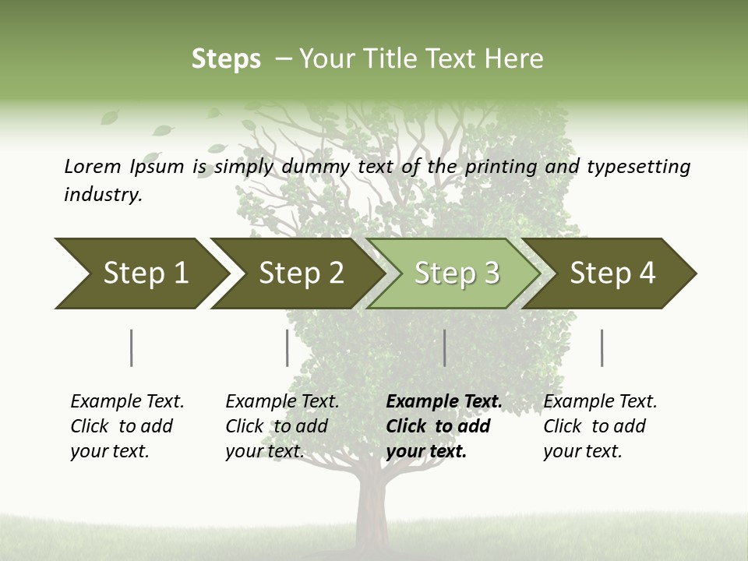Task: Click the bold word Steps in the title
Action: pos(226,59)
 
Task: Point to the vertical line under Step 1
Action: pos(131,348)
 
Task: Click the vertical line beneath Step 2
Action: pos(287,348)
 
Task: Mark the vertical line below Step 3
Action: pos(444,348)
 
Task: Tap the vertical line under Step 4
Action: pos(602,348)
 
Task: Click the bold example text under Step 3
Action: pos(443,426)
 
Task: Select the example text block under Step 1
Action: pos(126,426)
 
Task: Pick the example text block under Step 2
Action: pos(281,426)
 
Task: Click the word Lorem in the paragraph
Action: pos(92,166)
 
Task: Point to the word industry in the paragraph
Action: pos(103,194)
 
